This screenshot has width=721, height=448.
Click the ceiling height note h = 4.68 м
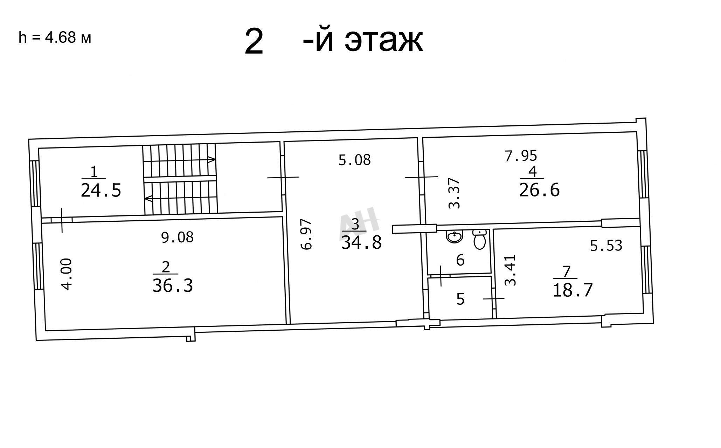point(55,37)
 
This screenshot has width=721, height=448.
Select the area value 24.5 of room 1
point(101,191)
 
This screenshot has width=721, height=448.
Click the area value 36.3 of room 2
point(173,286)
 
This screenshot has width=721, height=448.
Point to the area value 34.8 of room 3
point(361,242)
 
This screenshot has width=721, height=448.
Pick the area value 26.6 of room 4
point(539,190)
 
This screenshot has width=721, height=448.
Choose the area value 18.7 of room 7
point(573,290)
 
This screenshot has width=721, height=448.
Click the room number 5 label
point(460,299)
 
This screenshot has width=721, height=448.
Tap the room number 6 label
point(460,260)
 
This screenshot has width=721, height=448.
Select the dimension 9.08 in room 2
point(177,237)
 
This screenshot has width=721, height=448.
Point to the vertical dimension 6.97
point(306,234)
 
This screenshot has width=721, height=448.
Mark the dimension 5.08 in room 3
point(354,160)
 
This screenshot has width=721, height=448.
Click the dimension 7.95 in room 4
point(521,156)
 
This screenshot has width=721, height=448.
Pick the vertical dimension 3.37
point(454,193)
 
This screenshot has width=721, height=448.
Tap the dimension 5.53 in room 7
point(606,246)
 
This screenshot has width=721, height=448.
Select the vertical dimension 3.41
point(511,270)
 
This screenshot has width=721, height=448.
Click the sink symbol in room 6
point(455,236)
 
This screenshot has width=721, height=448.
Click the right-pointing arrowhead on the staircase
point(212,160)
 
